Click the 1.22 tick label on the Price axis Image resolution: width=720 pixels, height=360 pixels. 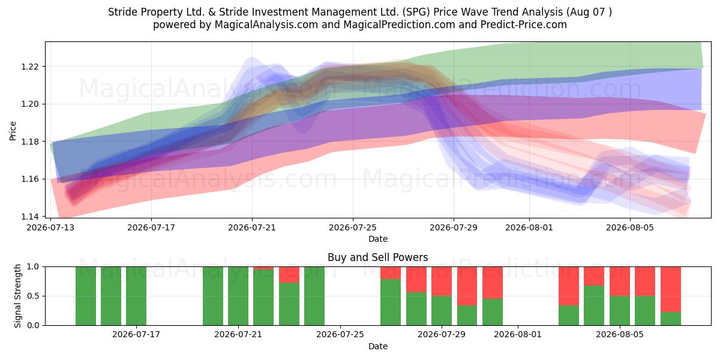coord(29,67)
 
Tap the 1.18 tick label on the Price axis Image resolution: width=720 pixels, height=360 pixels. coord(29,142)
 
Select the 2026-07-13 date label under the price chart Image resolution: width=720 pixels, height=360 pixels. coord(50,227)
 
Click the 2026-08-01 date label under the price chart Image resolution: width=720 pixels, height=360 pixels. coord(529,227)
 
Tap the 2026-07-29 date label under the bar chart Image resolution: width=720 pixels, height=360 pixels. coord(442,335)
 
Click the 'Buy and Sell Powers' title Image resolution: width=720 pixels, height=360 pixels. coord(377,257)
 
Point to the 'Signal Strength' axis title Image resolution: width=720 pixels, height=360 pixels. coord(17,296)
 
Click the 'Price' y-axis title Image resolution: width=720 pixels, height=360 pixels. coord(13,131)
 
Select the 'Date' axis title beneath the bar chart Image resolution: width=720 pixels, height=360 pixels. coord(377,347)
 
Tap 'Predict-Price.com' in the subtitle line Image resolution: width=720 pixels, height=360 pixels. coord(524,25)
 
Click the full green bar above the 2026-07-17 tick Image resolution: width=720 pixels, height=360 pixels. coord(136,296)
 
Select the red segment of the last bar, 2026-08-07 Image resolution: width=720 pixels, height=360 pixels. coord(671,289)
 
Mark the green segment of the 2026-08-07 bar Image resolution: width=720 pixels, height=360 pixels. coord(671,319)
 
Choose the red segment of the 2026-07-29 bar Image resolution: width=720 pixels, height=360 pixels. coord(442,281)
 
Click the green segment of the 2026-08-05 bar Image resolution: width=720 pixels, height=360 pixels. coord(620,311)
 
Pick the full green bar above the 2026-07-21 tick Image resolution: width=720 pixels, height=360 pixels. coord(238,296)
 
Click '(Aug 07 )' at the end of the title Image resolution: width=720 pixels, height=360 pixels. coord(589,12)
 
